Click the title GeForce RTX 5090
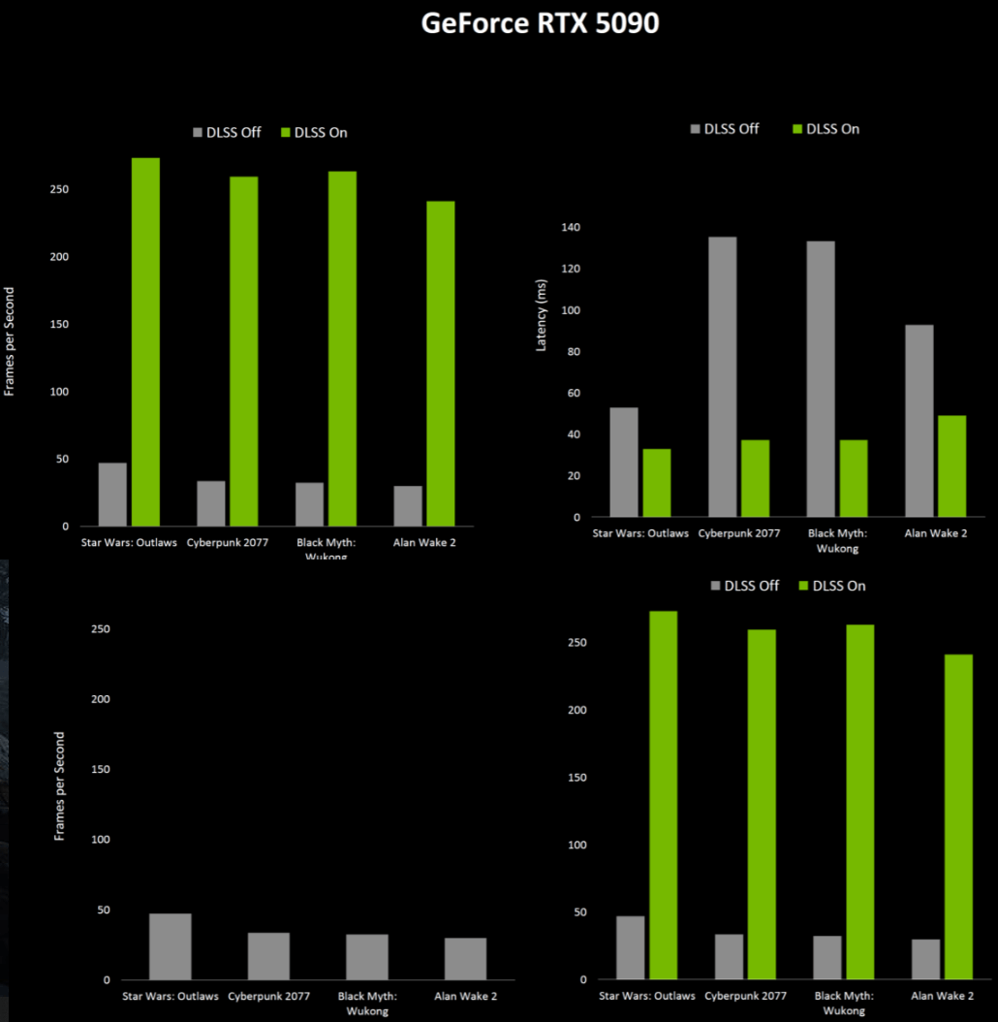tap(540, 24)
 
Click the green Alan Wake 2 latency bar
tap(951, 465)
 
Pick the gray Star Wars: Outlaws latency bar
tap(624, 462)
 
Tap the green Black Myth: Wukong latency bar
tap(854, 478)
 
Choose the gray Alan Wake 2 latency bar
tap(919, 420)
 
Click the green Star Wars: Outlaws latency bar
tap(656, 482)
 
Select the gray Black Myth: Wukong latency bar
tap(821, 378)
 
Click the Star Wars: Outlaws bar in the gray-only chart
tap(171, 946)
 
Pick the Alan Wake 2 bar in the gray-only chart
tap(465, 959)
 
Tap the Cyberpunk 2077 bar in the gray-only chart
tap(268, 956)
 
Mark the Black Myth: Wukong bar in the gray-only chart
tap(367, 957)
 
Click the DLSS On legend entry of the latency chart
tap(826, 129)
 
